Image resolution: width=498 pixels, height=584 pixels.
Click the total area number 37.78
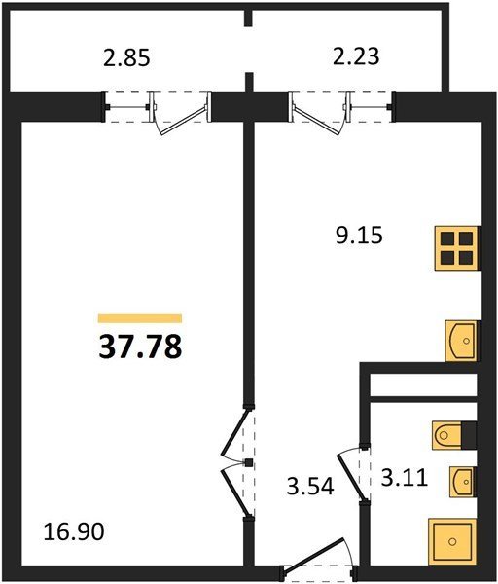tap(140, 347)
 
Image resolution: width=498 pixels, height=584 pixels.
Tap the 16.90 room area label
tap(74, 531)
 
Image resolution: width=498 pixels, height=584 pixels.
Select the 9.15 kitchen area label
tap(359, 236)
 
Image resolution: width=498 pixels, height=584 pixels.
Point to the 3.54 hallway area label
tap(310, 486)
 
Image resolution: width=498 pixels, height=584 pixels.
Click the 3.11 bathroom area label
tap(405, 478)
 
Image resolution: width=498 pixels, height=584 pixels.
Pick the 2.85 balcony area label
tap(126, 58)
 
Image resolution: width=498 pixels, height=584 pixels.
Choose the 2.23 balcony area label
tap(356, 56)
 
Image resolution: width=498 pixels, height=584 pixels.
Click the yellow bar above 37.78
tap(140, 318)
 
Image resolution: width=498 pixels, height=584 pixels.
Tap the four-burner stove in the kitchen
tap(456, 248)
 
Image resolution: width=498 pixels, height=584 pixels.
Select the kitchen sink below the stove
tap(461, 341)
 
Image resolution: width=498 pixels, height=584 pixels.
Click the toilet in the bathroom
tap(447, 435)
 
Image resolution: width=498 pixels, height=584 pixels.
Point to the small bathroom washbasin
tap(463, 482)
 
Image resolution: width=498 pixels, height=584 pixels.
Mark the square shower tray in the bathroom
tap(452, 541)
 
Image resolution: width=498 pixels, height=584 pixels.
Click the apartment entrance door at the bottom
tap(316, 558)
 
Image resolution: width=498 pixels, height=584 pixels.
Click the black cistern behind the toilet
tap(469, 435)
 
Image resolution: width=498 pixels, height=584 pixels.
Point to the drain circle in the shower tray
tap(452, 541)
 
